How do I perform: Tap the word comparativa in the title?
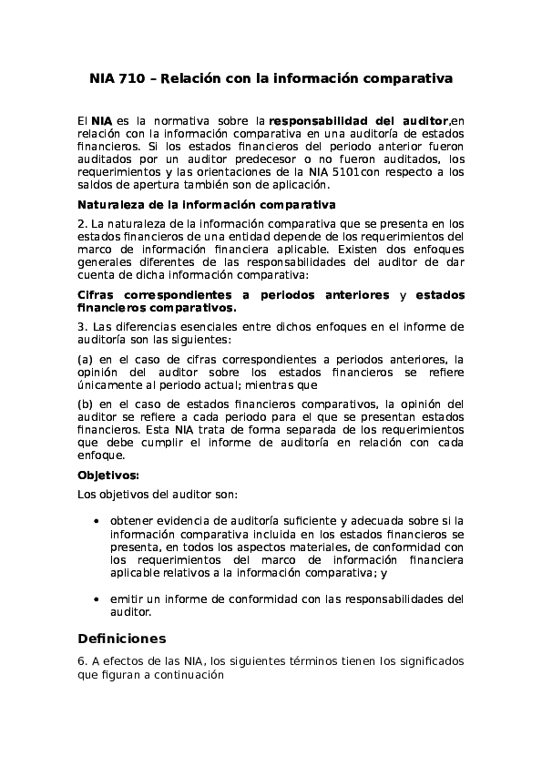point(407,79)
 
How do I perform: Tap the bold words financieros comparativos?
point(157,308)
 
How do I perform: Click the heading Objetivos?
point(108,475)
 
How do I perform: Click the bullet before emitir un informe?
point(97,600)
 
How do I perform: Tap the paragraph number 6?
point(81,660)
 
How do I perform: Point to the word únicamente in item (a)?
point(108,384)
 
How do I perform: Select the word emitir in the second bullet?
point(127,599)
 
